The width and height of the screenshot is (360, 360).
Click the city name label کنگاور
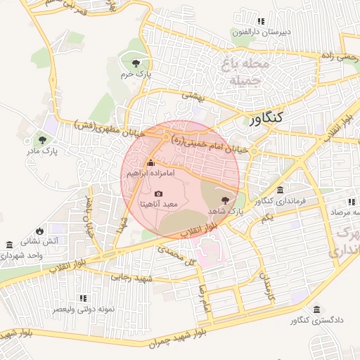pyautogui.click(x=265, y=119)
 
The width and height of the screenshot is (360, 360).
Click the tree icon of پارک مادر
pyautogui.click(x=43, y=139)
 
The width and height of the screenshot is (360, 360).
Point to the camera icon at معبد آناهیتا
pyautogui.click(x=158, y=193)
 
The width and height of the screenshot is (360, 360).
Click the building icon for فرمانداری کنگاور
pyautogui.click(x=281, y=191)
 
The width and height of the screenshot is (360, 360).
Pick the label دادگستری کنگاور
pyautogui.click(x=316, y=321)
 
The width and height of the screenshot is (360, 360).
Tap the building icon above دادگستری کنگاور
pyautogui.click(x=316, y=309)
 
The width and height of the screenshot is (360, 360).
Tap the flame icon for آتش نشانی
pyautogui.click(x=39, y=230)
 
